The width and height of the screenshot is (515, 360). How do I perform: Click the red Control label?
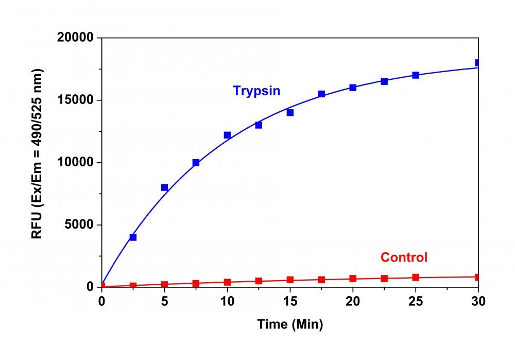[x=404, y=257]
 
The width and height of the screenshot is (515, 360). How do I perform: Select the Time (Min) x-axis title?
[x=290, y=325]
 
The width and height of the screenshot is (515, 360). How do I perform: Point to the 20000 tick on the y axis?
[x=77, y=38]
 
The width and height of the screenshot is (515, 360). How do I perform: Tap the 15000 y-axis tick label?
[x=77, y=100]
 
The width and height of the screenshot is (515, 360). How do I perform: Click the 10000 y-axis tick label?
[x=77, y=163]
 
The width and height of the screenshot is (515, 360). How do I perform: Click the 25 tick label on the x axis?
[x=416, y=300]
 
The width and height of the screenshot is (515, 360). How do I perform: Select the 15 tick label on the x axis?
[x=290, y=300]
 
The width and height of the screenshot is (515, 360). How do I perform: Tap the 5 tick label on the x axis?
[x=164, y=300]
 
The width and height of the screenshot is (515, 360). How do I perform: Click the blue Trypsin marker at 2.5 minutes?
[x=133, y=237]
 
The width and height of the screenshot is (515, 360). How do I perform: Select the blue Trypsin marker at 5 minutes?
[x=164, y=187]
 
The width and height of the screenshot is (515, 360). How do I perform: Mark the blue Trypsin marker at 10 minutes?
[x=227, y=135]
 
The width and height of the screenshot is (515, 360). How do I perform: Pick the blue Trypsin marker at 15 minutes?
[x=290, y=113]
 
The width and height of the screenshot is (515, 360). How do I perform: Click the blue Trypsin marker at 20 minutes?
[x=353, y=88]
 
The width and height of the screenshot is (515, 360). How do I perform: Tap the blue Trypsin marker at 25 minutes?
[x=416, y=75]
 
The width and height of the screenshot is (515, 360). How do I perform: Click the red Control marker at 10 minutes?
[x=227, y=282]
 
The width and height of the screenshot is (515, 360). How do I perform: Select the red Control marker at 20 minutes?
[x=353, y=279]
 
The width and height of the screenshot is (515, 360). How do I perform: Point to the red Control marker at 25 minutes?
[x=416, y=277]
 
